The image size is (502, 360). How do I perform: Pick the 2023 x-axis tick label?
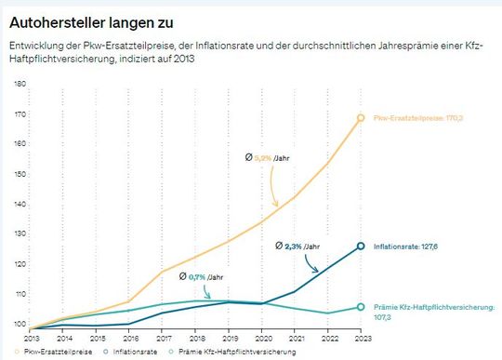tap(361, 339)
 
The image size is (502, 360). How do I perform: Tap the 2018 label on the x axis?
tap(195, 339)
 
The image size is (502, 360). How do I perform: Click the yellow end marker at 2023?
tap(361, 117)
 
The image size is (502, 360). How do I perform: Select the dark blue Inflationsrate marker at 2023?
tap(361, 247)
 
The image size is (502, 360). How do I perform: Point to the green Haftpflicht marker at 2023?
tap(361, 307)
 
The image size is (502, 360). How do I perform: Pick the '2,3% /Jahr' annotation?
tap(299, 246)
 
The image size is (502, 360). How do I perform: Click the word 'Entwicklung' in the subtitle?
tap(34, 45)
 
